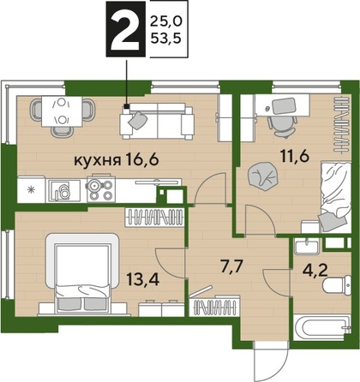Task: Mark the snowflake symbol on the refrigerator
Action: pyautogui.click(x=31, y=188)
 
